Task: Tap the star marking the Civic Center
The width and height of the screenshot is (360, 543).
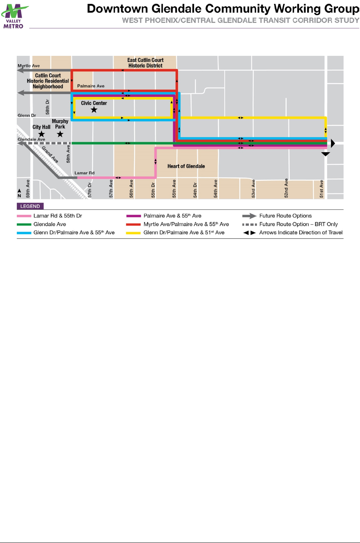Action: pyautogui.click(x=94, y=110)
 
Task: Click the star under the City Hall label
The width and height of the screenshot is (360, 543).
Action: pyautogui.click(x=41, y=134)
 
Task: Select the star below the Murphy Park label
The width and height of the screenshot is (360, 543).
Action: pyautogui.click(x=60, y=134)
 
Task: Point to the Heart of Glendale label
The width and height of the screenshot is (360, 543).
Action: pyautogui.click(x=186, y=166)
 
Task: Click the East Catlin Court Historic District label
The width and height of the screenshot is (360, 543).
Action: pyautogui.click(x=145, y=63)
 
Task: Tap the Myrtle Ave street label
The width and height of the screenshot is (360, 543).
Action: pyautogui.click(x=29, y=66)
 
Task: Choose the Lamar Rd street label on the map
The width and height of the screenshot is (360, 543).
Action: pyautogui.click(x=84, y=173)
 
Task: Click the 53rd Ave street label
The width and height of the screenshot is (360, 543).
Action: pyautogui.click(x=253, y=189)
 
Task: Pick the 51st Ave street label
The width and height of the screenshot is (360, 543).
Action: pyautogui.click(x=321, y=189)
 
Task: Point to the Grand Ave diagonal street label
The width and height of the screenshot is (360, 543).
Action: pyautogui.click(x=50, y=154)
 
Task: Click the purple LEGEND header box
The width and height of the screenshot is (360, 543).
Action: pyautogui.click(x=30, y=206)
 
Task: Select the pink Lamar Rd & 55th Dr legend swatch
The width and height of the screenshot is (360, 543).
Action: pyautogui.click(x=24, y=216)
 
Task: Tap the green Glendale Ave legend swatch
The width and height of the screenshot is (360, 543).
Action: pyautogui.click(x=24, y=224)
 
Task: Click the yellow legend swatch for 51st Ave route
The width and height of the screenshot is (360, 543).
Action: pyautogui.click(x=133, y=233)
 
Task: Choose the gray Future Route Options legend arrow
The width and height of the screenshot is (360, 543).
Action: pyautogui.click(x=249, y=216)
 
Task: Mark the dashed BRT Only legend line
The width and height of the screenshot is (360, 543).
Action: pyautogui.click(x=249, y=224)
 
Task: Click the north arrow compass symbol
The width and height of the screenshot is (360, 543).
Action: pyautogui.click(x=19, y=192)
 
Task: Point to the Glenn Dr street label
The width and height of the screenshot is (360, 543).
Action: pyautogui.click(x=27, y=115)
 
